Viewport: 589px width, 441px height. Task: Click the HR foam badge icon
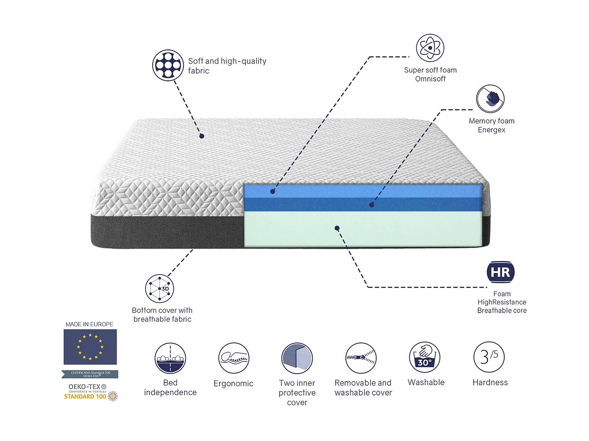tap(500, 272)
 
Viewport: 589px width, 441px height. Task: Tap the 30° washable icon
tap(425, 358)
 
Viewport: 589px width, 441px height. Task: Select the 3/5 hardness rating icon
tap(489, 357)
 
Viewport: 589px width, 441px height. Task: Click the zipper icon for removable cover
tap(361, 358)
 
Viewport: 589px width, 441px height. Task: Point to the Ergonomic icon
tap(234, 358)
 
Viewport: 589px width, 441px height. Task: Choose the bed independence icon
tap(170, 358)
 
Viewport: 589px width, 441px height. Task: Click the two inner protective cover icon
tap(297, 358)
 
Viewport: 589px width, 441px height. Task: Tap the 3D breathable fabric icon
tap(159, 288)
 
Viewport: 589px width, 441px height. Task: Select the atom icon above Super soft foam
tap(430, 48)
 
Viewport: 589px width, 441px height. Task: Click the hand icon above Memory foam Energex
tap(490, 99)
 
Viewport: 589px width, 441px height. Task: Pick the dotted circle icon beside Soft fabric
tap(168, 65)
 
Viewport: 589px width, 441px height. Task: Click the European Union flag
tap(90, 347)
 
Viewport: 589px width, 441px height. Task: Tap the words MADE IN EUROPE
tap(90, 324)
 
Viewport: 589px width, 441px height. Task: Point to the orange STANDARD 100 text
tap(85, 397)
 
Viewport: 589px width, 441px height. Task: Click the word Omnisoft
tap(430, 79)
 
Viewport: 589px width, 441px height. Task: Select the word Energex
tap(492, 130)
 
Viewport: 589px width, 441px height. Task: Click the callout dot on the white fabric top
tap(202, 136)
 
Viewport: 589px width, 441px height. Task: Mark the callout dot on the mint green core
tap(337, 228)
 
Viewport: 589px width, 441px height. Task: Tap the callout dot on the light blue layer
tap(273, 191)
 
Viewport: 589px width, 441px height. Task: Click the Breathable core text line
tap(502, 311)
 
